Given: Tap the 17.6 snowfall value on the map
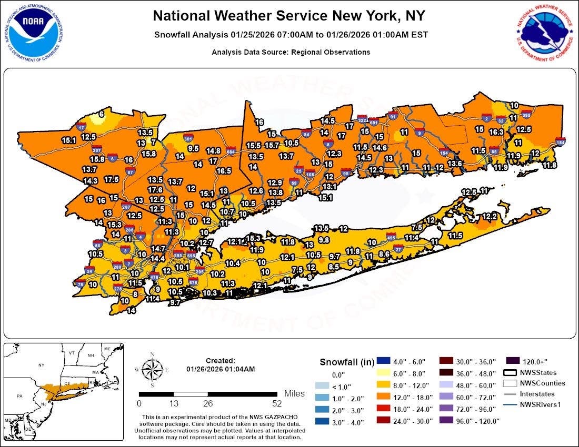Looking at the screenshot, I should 155,190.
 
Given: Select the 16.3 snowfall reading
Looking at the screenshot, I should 496,133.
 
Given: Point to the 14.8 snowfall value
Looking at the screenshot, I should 213,150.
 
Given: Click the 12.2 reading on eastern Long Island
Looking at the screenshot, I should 490,216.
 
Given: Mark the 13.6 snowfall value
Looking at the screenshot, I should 455,164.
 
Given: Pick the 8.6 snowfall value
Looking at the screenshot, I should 384,254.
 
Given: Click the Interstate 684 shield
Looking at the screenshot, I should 230,152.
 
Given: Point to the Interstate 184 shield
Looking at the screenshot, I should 561,142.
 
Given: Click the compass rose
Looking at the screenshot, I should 152,370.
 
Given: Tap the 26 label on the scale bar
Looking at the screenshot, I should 208,404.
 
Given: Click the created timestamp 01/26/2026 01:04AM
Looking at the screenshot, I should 221,369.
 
